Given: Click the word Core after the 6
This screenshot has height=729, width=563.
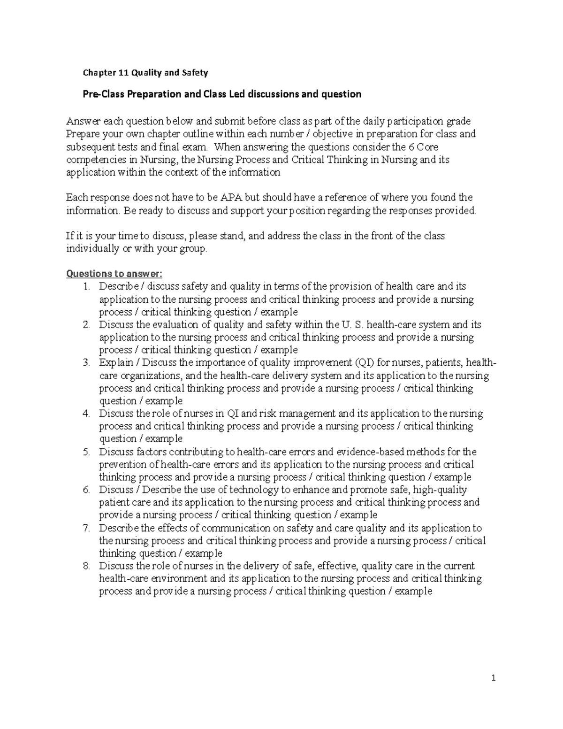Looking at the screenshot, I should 427,147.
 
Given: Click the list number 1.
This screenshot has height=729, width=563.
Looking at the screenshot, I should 85,287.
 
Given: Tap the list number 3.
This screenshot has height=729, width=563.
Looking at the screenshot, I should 85,363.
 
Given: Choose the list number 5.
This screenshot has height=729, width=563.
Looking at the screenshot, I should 85,452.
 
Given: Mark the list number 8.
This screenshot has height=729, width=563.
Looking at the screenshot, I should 85,566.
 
